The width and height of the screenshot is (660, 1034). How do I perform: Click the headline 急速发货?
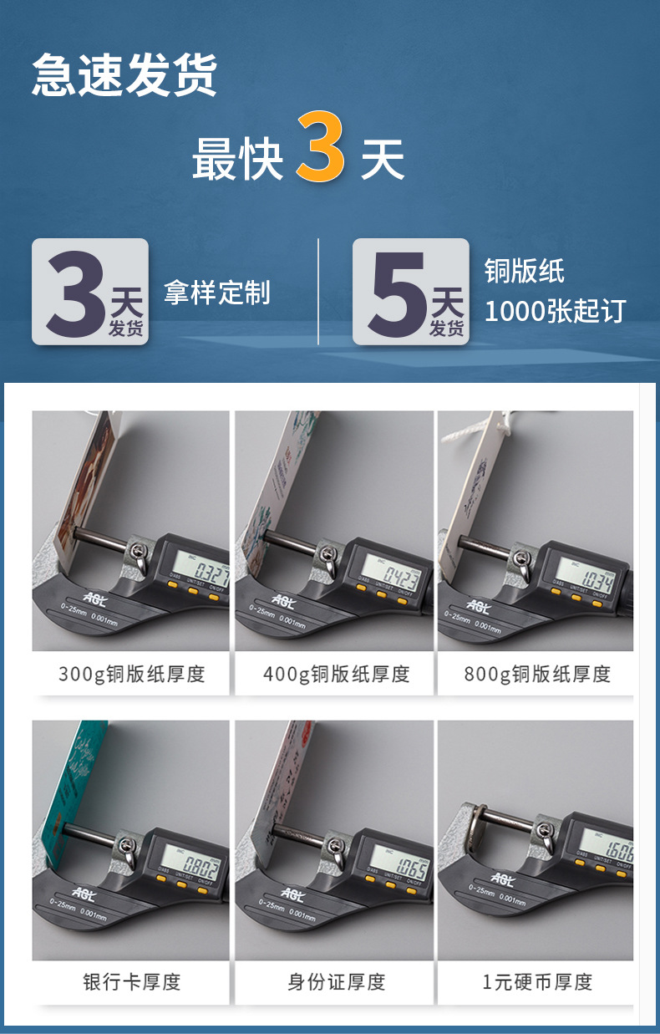pyautogui.click(x=124, y=76)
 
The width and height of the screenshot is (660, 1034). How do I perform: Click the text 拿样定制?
pyautogui.click(x=217, y=293)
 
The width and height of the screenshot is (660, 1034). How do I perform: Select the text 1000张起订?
pyautogui.click(x=555, y=311)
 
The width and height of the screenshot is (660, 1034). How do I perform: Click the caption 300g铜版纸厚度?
pyautogui.click(x=131, y=674)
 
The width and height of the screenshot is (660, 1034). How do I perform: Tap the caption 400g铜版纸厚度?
pyautogui.click(x=336, y=674)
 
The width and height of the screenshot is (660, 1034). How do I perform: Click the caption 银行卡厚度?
pyautogui.click(x=131, y=981)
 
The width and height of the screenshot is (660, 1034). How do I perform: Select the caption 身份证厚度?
pyautogui.click(x=336, y=981)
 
